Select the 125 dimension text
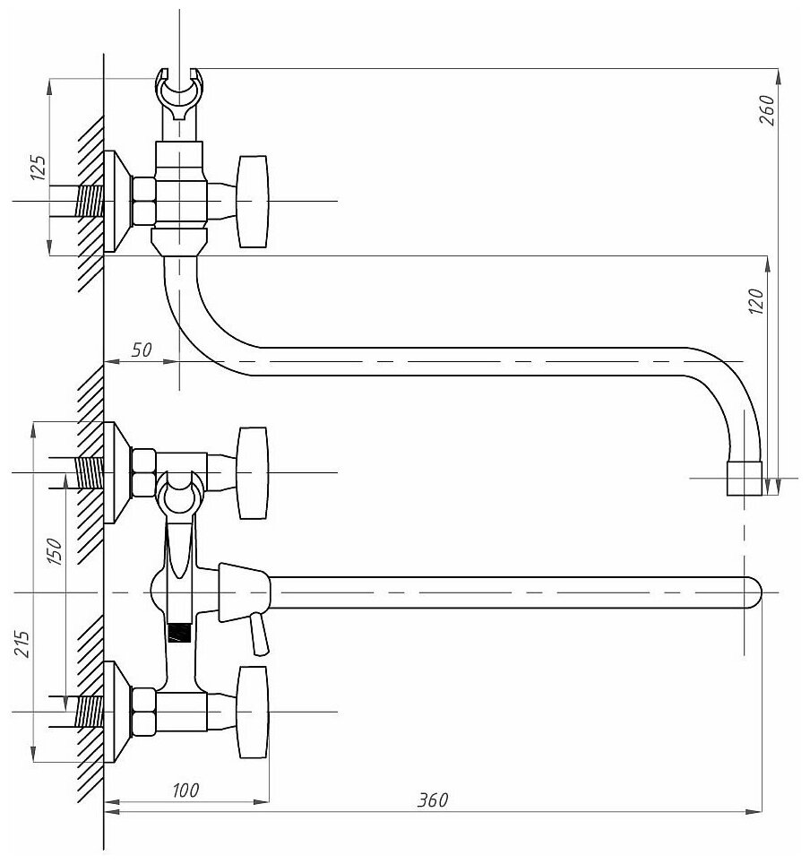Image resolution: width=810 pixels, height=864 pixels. tap(38, 168)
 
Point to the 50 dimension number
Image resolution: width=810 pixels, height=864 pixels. tap(142, 350)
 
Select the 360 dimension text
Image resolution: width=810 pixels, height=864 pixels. tap(433, 800)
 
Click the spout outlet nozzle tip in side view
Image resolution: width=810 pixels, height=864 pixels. tap(743, 479)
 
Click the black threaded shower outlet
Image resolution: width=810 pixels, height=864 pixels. tap(180, 633)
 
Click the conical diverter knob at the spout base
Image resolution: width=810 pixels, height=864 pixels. tap(243, 591)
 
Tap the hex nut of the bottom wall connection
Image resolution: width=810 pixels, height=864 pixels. tap(143, 712)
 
